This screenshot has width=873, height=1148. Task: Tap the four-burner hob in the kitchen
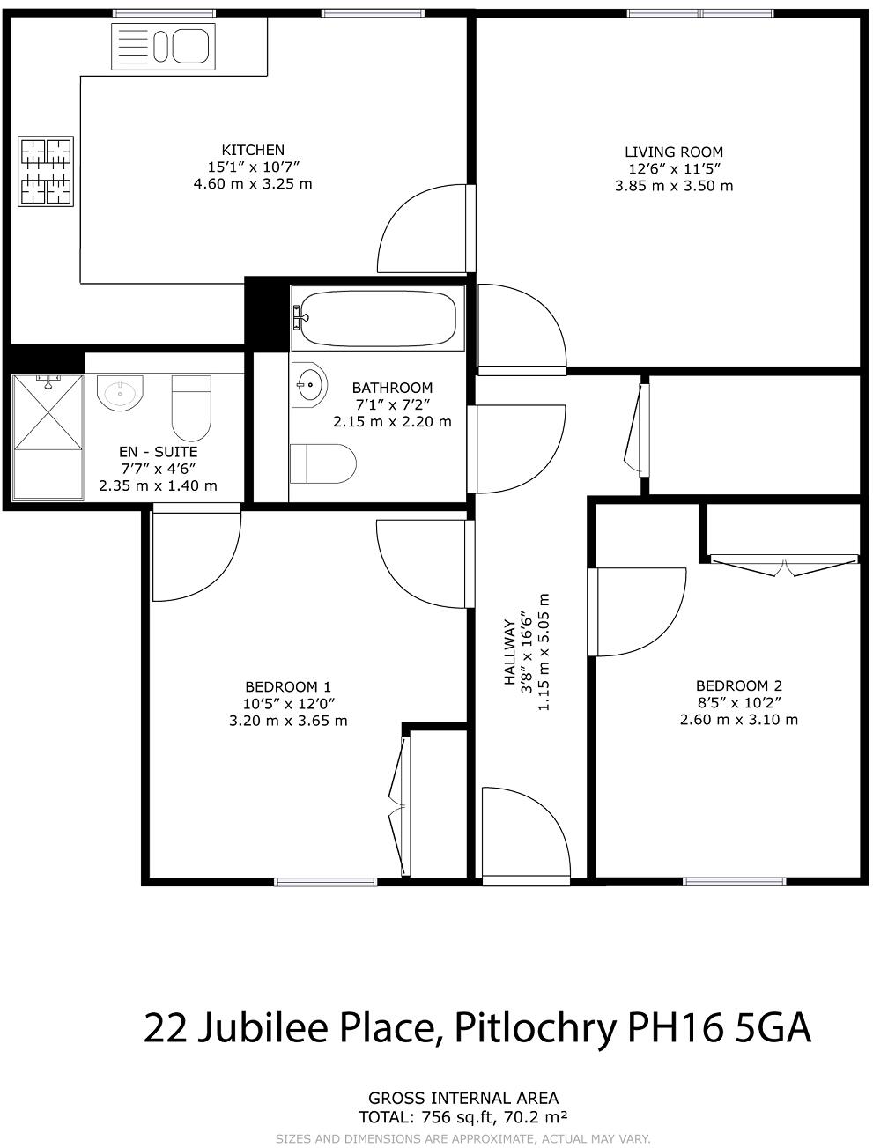click(47, 172)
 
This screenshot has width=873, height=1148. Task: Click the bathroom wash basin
click(308, 383)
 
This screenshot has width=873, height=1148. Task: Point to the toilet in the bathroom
click(323, 463)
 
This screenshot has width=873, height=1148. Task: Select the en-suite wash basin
click(119, 392)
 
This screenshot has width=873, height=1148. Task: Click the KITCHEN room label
click(253, 150)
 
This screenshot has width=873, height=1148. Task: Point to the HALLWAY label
click(509, 653)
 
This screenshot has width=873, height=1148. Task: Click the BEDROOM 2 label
click(739, 685)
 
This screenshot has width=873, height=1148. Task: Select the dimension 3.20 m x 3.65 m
click(288, 721)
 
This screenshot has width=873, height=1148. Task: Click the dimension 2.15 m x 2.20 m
click(392, 422)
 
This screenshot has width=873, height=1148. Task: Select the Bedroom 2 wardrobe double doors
click(784, 564)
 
